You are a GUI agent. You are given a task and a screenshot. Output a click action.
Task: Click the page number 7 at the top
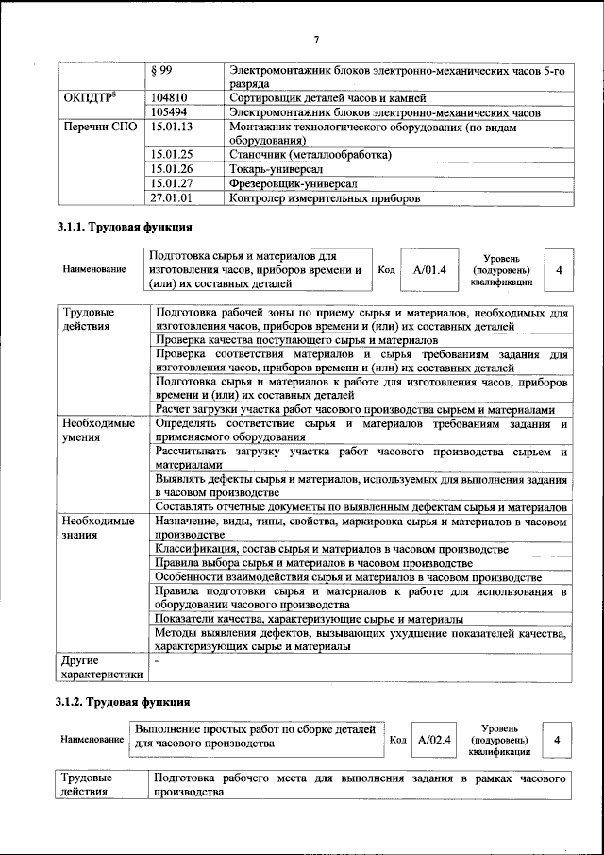[x=316, y=39]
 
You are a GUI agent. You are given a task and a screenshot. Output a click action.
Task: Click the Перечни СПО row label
[x=98, y=126]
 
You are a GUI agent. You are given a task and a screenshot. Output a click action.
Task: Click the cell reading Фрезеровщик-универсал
[x=294, y=183]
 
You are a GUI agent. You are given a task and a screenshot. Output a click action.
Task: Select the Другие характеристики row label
[x=101, y=667]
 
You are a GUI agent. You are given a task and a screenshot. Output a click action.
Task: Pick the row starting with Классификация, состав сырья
[x=332, y=549]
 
